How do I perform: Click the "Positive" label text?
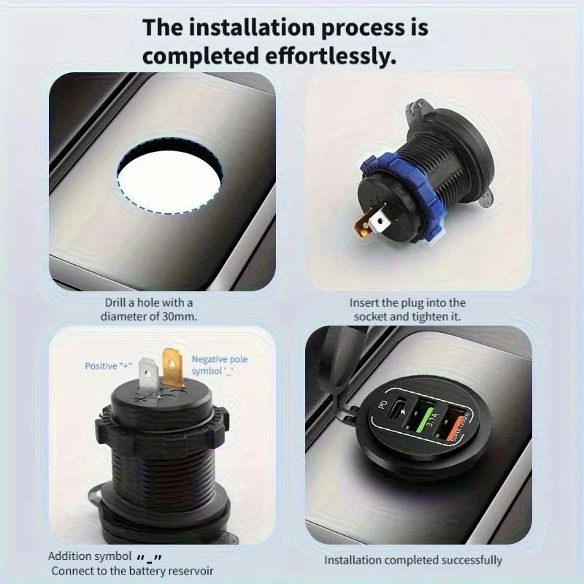coord(101,366)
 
